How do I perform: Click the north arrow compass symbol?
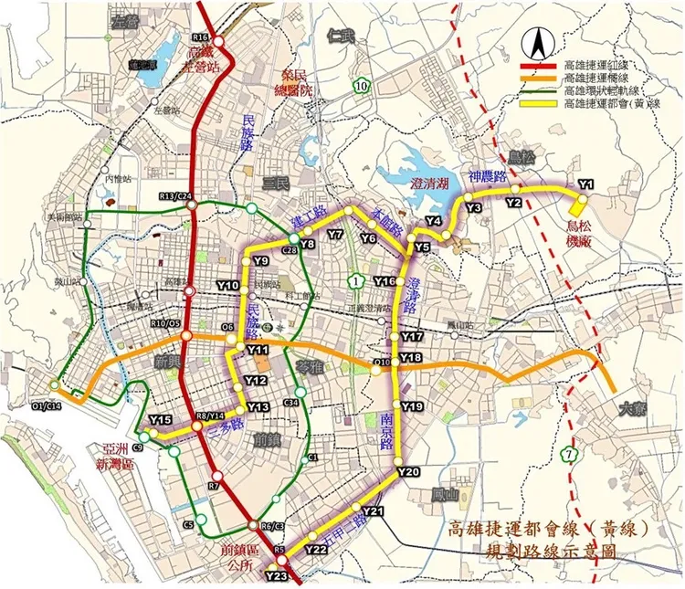[540, 42]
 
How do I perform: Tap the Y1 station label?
[585, 184]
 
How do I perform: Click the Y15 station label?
[161, 419]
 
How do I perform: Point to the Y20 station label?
[407, 471]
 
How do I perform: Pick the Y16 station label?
[385, 280]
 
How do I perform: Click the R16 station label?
[202, 37]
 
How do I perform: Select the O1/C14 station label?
[44, 406]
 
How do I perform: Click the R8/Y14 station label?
[210, 416]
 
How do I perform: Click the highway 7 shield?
[571, 454]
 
